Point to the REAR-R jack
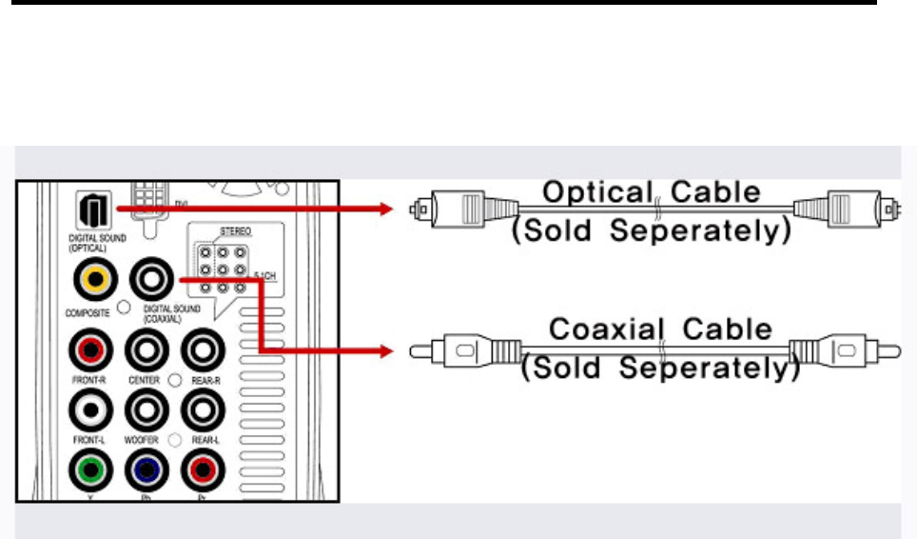pos(203,349)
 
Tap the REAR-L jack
pos(203,410)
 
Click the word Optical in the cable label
pos(593,193)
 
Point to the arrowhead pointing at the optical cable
pos(386,210)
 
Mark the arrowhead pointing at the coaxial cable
pos(386,351)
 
